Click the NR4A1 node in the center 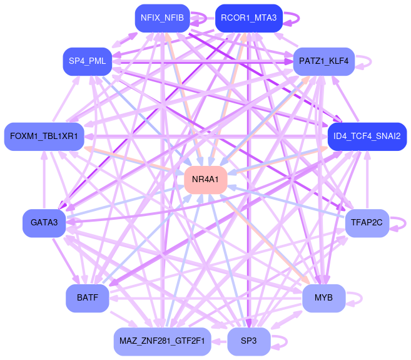205,180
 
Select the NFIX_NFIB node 162,18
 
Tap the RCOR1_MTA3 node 248,18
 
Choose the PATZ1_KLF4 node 323,61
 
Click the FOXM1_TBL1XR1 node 44,136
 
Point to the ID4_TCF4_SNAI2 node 367,136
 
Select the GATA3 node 44,222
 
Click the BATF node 87,297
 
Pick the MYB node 323,297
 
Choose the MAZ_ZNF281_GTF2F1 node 162,341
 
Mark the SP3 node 248,341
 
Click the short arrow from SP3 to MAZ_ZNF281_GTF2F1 219,341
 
